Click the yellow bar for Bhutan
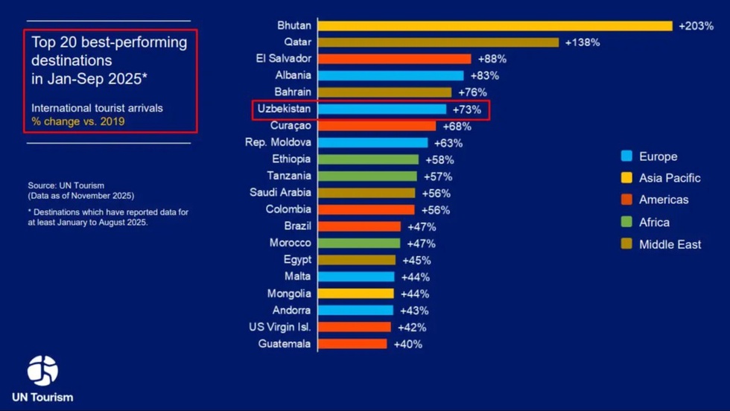(495, 25)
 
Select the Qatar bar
(438, 42)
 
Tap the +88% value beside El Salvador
(492, 59)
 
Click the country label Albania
(293, 75)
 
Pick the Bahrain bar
(384, 92)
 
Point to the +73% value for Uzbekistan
(467, 109)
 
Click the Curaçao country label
(291, 126)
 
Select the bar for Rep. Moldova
(373, 143)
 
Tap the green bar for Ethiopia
(369, 159)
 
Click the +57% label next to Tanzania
(437, 176)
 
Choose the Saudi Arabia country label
(280, 193)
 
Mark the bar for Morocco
(359, 243)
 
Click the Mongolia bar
(356, 293)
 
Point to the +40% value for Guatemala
(407, 344)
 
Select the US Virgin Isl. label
(279, 327)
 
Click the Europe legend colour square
(626, 156)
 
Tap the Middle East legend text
(670, 244)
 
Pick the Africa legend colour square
(626, 222)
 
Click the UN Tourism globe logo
(42, 370)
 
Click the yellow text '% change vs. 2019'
(77, 121)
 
